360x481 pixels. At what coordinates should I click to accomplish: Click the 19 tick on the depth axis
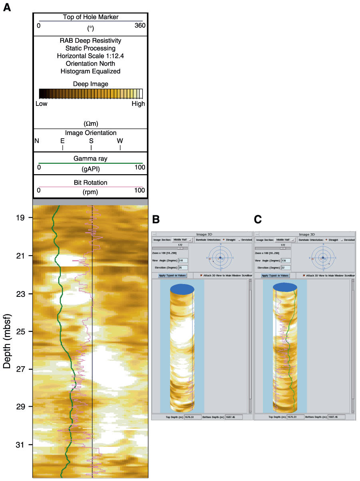[22, 218]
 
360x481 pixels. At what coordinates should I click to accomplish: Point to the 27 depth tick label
[22, 369]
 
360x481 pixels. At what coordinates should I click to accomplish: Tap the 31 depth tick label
[22, 445]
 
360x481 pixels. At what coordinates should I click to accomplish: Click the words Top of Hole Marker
[90, 17]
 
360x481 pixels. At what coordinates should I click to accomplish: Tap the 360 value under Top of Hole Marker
[140, 26]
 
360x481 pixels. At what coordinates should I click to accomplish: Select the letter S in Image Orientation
[91, 141]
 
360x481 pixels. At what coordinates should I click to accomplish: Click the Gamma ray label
[90, 159]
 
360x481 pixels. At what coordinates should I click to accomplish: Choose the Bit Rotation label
[90, 183]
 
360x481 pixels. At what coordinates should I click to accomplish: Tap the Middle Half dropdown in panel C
[286, 240]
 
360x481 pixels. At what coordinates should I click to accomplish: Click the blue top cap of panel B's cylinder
[182, 289]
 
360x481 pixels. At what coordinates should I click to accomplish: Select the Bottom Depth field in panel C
[332, 417]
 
